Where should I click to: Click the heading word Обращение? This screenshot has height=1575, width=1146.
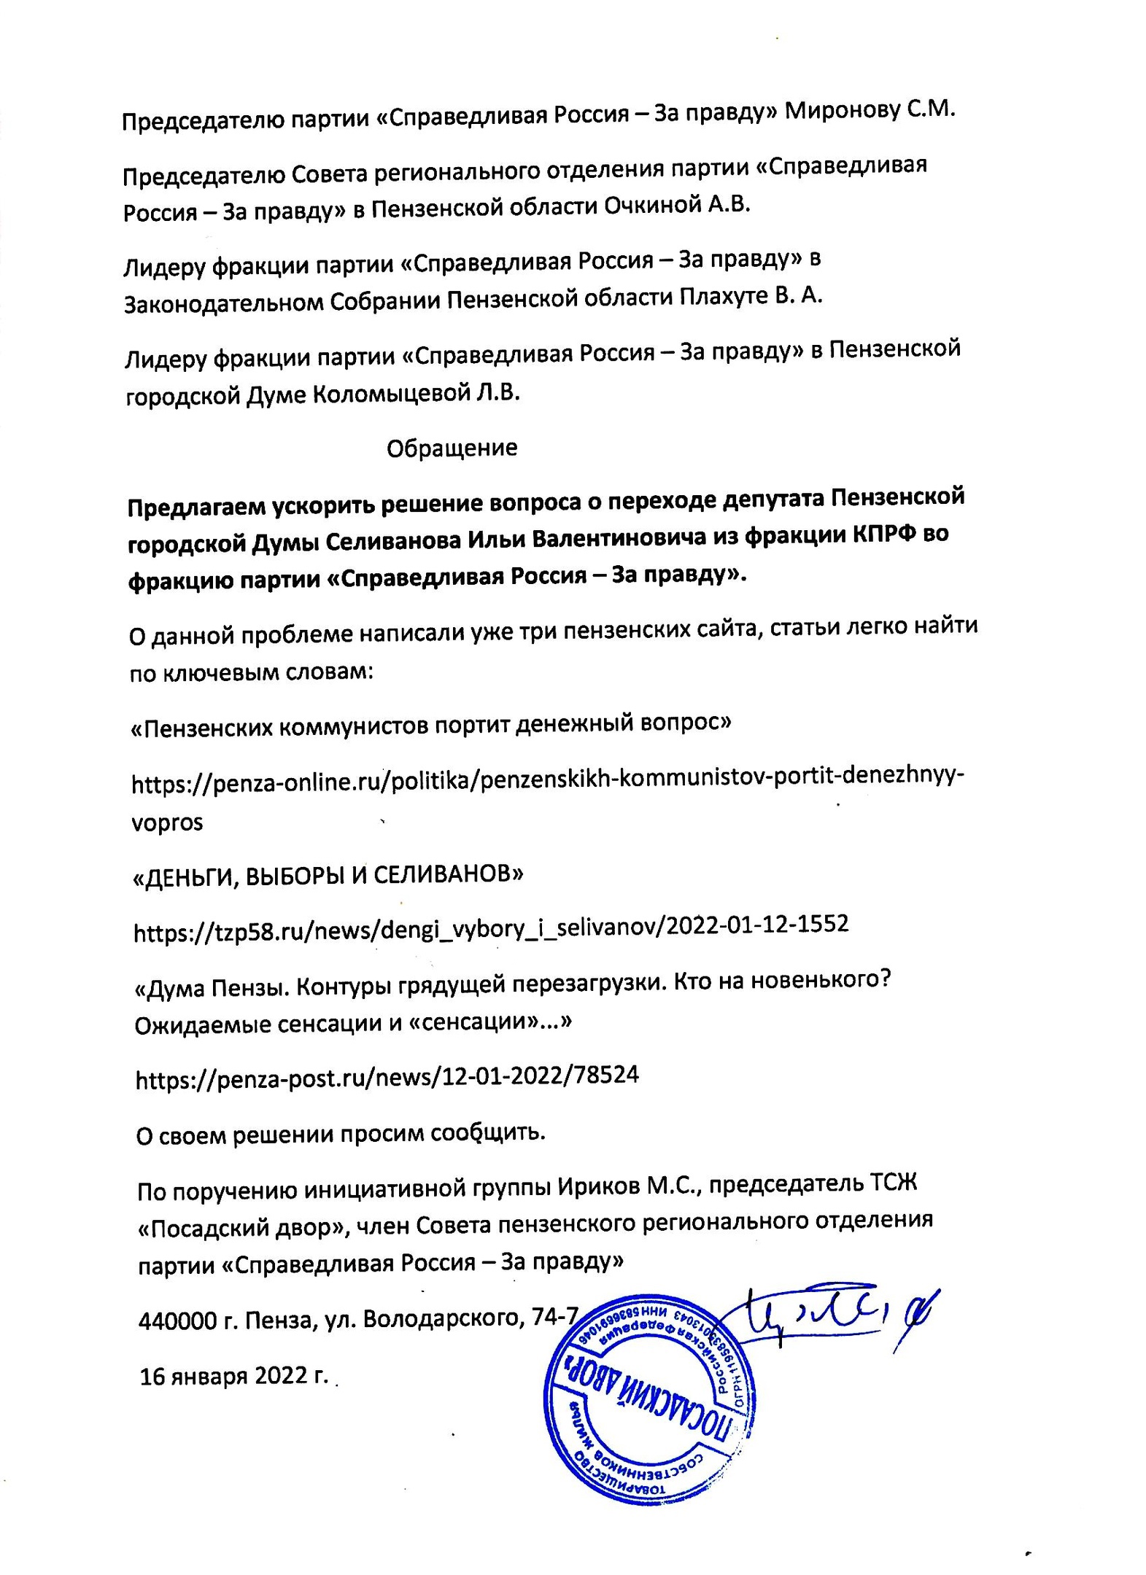pos(452,448)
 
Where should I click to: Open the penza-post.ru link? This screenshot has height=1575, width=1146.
pos(387,1076)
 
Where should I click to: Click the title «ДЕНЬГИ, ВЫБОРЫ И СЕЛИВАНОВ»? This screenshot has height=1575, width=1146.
pos(328,875)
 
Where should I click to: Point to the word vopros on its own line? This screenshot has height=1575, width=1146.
pos(167,822)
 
